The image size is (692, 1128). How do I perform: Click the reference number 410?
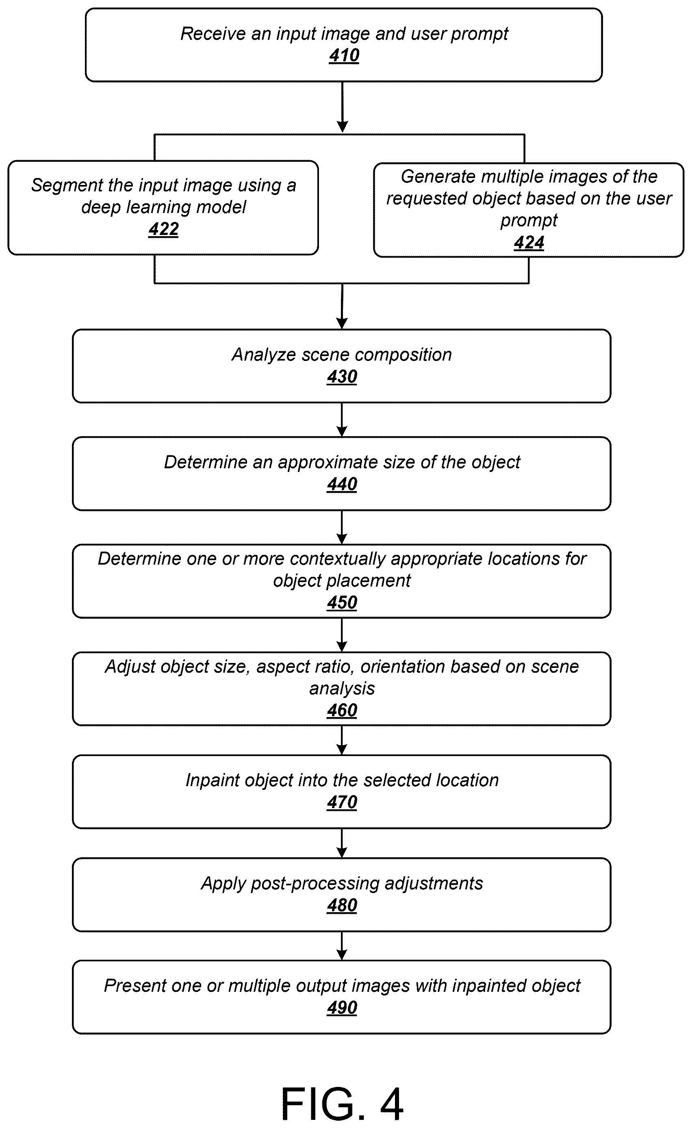click(x=344, y=56)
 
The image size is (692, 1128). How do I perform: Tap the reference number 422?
click(x=163, y=229)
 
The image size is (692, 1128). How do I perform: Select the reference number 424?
click(x=529, y=242)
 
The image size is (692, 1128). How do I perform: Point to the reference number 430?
click(x=342, y=377)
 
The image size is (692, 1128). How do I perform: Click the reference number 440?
click(x=342, y=485)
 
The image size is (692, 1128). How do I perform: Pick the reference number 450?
click(x=342, y=602)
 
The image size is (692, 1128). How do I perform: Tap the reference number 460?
click(x=342, y=711)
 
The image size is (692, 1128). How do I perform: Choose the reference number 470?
click(x=342, y=802)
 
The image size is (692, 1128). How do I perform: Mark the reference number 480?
click(x=342, y=905)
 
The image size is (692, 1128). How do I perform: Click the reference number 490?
click(x=342, y=1008)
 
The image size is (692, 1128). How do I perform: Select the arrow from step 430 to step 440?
click(x=342, y=420)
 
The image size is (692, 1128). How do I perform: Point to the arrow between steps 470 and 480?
click(x=342, y=843)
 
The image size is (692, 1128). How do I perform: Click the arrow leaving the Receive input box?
click(x=342, y=107)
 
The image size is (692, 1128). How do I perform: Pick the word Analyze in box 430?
click(x=264, y=355)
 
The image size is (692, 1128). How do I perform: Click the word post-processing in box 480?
click(x=315, y=884)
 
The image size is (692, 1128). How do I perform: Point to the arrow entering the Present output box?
click(x=342, y=946)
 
